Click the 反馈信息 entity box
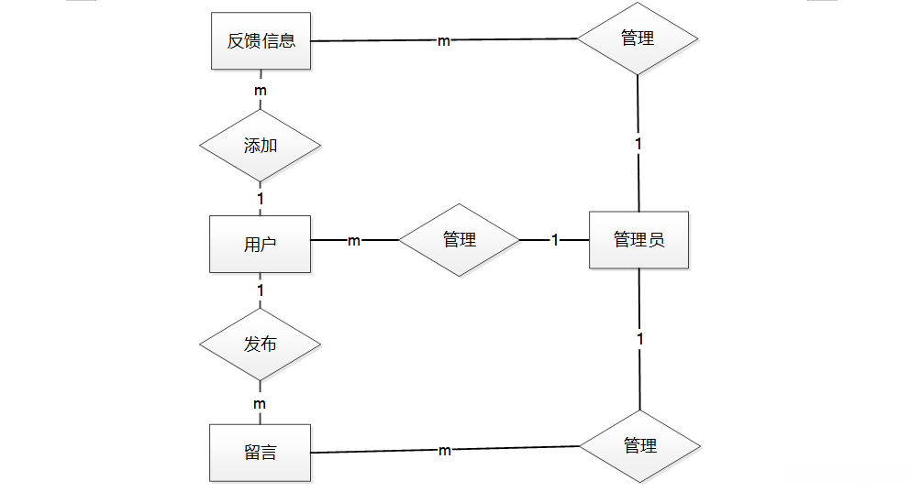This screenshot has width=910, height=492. (x=261, y=41)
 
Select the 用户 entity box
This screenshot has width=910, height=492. (x=261, y=244)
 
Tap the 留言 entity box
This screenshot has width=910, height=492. (x=261, y=453)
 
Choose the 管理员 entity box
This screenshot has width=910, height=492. (x=638, y=241)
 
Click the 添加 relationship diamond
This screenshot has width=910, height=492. (x=261, y=146)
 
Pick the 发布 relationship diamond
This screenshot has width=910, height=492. (x=261, y=345)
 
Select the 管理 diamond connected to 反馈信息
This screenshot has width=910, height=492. (x=638, y=39)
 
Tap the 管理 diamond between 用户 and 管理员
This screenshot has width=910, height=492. (x=460, y=240)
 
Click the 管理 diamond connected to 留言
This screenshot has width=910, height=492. (x=639, y=446)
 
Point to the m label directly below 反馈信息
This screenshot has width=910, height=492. (x=261, y=92)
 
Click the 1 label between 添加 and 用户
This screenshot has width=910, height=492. (x=261, y=198)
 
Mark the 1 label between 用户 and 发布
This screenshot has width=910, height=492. (x=261, y=290)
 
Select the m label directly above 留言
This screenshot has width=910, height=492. (x=261, y=404)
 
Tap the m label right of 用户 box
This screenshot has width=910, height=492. (x=354, y=241)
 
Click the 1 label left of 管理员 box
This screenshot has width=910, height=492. (x=554, y=240)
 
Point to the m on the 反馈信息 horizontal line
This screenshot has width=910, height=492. (x=443, y=41)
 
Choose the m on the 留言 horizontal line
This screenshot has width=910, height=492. (x=444, y=451)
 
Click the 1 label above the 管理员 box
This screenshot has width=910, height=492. (x=638, y=144)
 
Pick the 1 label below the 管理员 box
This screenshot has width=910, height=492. (x=639, y=340)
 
